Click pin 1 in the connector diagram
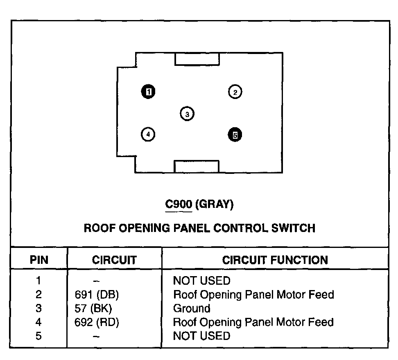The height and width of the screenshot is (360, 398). point(149,92)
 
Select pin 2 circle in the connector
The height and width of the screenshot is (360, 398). point(235,92)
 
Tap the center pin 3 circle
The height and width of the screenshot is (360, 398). point(187,114)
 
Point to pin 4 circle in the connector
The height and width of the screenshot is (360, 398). point(148,134)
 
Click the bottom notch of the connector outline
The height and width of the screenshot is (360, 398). point(197,166)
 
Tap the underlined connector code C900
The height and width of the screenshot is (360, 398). point(178,205)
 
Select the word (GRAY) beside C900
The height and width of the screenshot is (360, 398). point(214,205)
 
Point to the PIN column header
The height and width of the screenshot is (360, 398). point(39,260)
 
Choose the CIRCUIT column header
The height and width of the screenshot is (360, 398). point(114,260)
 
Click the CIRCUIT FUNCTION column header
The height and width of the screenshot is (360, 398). point(275,260)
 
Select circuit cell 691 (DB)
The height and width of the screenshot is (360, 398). point(94,295)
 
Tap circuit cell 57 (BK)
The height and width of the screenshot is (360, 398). point(91,308)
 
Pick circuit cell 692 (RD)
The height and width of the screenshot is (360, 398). point(94,322)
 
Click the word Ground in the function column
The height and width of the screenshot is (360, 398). point(192,308)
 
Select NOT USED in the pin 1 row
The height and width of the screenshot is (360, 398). point(201,281)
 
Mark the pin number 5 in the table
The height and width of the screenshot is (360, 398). point(38,336)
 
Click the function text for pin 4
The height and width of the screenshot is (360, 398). point(253,322)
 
